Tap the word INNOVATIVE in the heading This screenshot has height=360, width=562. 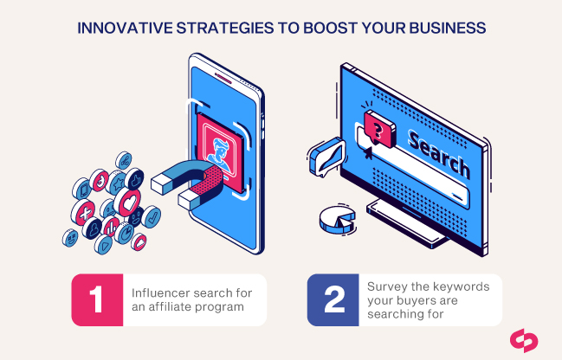tap(125, 28)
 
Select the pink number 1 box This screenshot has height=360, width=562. tap(97, 299)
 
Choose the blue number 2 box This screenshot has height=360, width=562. tap(333, 299)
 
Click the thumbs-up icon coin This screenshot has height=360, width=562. tap(134, 179)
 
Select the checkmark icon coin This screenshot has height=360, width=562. tap(152, 217)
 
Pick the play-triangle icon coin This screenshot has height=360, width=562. tap(104, 245)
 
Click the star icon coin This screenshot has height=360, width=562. tap(117, 183)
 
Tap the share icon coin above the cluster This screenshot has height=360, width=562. tap(124, 161)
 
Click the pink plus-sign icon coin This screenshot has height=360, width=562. tap(83, 212)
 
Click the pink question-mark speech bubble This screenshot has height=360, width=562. tap(379, 129)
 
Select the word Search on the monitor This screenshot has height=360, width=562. tap(439, 155)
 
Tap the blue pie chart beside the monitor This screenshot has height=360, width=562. tap(337, 218)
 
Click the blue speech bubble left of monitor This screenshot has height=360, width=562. tap(327, 157)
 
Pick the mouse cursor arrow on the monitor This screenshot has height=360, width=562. tap(368, 153)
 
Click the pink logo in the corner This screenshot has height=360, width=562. tap(524, 341)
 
